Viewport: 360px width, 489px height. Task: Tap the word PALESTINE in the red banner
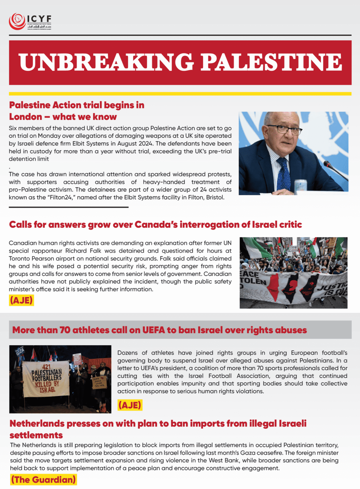point(271,62)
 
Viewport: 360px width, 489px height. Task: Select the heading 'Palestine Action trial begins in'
point(77,105)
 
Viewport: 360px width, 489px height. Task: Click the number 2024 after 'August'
point(145,143)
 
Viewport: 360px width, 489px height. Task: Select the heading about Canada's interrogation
point(155,225)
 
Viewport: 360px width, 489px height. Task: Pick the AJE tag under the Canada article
point(22,300)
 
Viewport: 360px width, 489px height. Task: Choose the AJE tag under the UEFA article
point(130,405)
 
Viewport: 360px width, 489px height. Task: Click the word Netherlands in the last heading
point(37,423)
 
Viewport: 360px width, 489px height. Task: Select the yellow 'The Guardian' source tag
point(43,480)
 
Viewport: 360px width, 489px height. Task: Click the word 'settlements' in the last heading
point(36,435)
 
